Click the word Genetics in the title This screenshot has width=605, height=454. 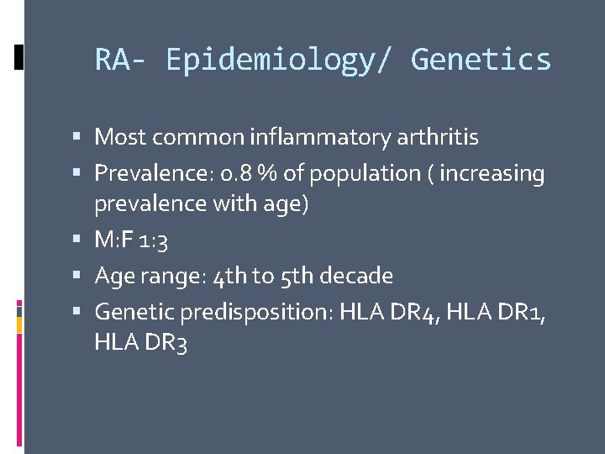481,60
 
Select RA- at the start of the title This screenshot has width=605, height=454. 123,60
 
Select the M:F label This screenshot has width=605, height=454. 113,240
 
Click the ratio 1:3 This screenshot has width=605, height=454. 155,240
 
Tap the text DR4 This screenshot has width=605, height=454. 418,312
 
